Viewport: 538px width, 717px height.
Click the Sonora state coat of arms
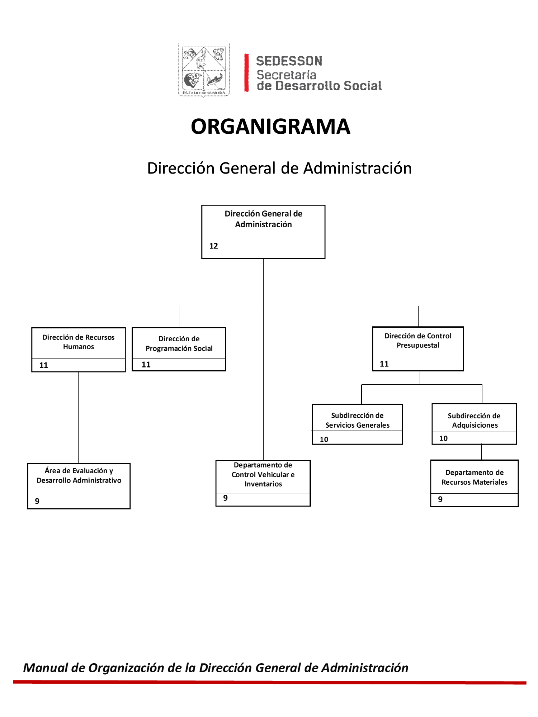204,70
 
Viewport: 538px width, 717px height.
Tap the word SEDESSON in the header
289,61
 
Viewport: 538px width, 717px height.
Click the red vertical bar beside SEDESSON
246,73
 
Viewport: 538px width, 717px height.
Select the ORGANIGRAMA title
270,127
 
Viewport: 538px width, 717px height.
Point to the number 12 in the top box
214,246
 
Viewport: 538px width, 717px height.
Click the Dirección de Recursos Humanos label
79,342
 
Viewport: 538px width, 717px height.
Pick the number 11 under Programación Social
146,365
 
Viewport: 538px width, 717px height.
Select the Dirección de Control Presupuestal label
418,341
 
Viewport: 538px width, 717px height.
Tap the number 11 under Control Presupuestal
384,364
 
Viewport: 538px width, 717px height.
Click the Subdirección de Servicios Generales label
357,420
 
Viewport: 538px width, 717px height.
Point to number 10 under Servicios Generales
324,440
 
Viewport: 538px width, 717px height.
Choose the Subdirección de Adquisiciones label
475,421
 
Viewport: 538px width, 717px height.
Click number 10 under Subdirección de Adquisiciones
443,438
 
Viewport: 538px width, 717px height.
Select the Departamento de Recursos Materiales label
475,477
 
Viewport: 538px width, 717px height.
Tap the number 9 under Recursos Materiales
440,499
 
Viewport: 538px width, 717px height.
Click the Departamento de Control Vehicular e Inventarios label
263,474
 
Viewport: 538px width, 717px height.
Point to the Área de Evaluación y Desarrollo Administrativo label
79,475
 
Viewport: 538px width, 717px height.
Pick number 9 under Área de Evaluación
37,501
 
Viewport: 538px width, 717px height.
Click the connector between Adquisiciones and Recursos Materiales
481,452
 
